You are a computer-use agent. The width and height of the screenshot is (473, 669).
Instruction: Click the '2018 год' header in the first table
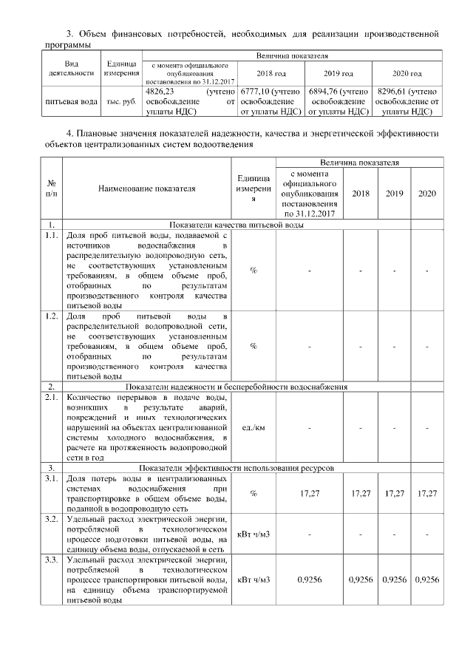tap(270, 74)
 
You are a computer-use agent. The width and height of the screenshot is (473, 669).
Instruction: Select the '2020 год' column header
tap(407, 74)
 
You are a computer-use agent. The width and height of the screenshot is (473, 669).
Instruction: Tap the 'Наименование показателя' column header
tap(146, 189)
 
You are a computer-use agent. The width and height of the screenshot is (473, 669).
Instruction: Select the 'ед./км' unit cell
tap(253, 427)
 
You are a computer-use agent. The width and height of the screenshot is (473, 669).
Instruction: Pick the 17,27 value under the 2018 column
tap(361, 492)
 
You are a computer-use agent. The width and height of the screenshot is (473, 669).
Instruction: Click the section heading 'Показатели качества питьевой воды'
tap(236, 224)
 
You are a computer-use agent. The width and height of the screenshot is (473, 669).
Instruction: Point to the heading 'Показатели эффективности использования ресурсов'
tap(236, 469)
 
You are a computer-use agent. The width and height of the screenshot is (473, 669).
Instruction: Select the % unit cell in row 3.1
tap(253, 492)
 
